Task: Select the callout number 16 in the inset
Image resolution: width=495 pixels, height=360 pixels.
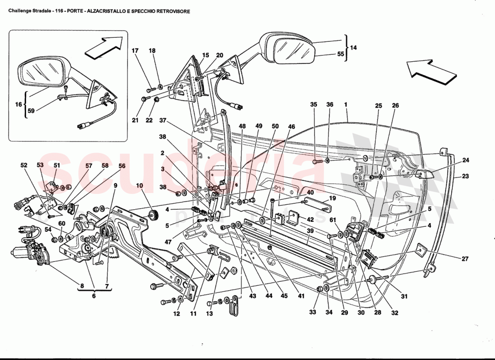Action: (18, 104)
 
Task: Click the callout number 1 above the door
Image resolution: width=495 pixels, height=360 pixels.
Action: (346, 104)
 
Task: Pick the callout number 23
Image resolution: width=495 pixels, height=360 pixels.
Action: (465, 177)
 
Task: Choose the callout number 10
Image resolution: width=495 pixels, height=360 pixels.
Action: (139, 185)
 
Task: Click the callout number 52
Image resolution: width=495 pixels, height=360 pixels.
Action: (23, 166)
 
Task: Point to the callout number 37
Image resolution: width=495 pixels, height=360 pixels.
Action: (162, 121)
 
